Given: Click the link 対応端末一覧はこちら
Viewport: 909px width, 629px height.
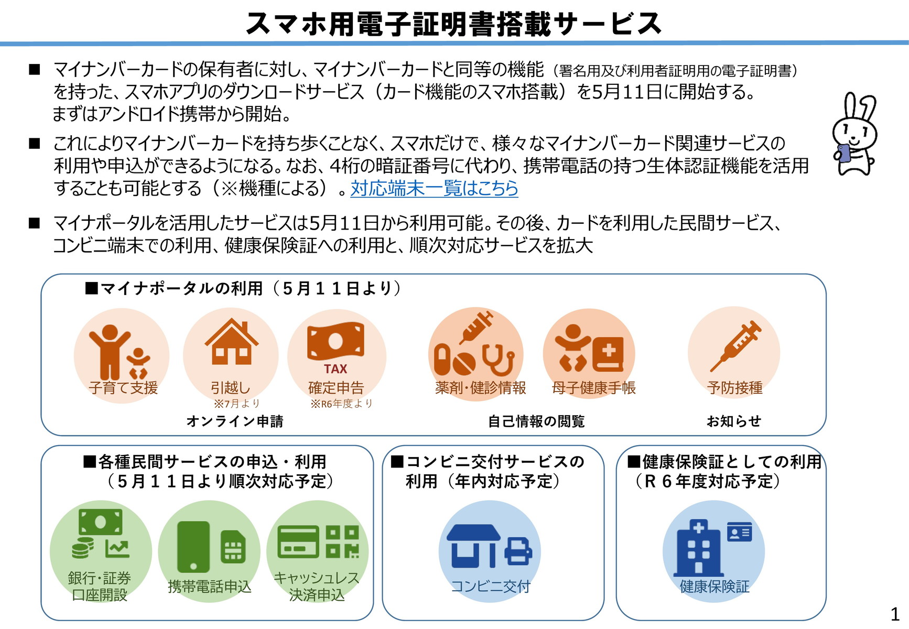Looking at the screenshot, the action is pyautogui.click(x=434, y=188).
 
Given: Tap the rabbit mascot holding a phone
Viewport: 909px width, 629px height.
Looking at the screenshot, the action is pyautogui.click(x=854, y=134).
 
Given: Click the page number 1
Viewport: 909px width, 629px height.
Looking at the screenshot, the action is pyautogui.click(x=895, y=614).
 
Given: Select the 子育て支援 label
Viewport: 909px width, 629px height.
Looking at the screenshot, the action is pyautogui.click(x=123, y=388).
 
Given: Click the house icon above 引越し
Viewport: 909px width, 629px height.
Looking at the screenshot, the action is pyautogui.click(x=231, y=341).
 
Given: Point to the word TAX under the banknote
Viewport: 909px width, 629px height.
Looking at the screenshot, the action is pyautogui.click(x=336, y=368).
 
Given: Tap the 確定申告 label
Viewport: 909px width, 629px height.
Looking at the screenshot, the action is pyautogui.click(x=336, y=388).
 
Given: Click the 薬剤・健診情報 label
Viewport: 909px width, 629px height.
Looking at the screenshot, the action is pyautogui.click(x=480, y=388).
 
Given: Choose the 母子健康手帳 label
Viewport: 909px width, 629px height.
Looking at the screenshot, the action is pyautogui.click(x=593, y=388).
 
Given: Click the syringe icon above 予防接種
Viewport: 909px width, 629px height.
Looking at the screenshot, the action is pyautogui.click(x=735, y=345).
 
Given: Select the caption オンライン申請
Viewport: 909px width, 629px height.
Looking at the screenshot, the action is pyautogui.click(x=235, y=421).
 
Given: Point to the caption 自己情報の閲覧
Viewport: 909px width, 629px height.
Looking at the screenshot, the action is pyautogui.click(x=536, y=421).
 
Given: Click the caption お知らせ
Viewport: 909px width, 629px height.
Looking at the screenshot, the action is pyautogui.click(x=733, y=421).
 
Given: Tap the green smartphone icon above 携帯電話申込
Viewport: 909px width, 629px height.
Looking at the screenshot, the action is pyautogui.click(x=193, y=547).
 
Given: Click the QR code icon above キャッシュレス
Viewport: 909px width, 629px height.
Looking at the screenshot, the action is pyautogui.click(x=342, y=541).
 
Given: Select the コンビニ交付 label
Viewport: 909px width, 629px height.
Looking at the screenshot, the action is pyautogui.click(x=491, y=586).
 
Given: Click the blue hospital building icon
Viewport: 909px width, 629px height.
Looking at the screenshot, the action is pyautogui.click(x=698, y=548).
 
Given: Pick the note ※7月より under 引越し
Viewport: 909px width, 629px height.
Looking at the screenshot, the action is pyautogui.click(x=236, y=404).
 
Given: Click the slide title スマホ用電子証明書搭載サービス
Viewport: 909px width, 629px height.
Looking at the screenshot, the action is pyautogui.click(x=453, y=24).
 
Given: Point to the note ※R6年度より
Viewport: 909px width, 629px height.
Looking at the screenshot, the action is pyautogui.click(x=341, y=404).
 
